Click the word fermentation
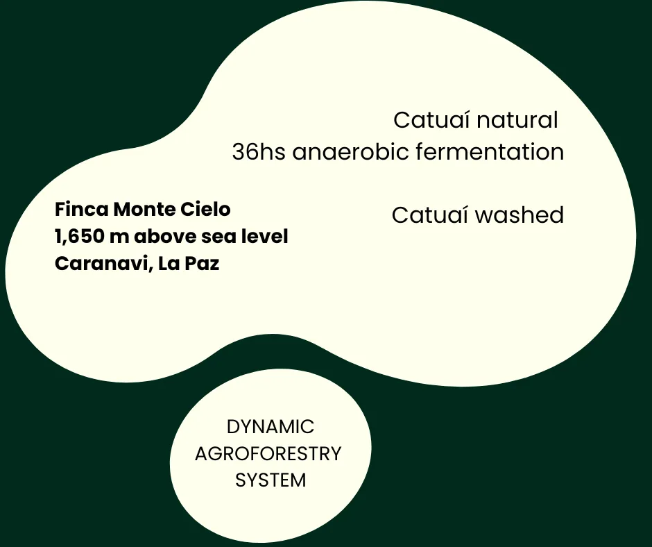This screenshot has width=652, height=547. [490, 152]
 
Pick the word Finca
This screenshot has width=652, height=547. [81, 209]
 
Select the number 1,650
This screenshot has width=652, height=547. [78, 237]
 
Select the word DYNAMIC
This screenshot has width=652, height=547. [271, 427]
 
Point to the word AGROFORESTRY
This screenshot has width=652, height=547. [268, 454]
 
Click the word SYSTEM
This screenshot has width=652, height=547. [271, 480]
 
